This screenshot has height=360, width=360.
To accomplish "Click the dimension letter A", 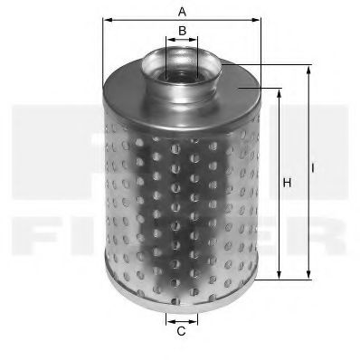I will (x=182, y=12).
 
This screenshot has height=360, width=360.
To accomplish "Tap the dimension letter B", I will (x=182, y=32).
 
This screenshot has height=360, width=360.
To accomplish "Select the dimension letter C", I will (x=181, y=331).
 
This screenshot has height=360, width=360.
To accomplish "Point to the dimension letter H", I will (x=287, y=185).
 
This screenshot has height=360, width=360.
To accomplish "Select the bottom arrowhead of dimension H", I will (x=279, y=277).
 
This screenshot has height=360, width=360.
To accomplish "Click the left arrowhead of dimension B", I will (x=169, y=41).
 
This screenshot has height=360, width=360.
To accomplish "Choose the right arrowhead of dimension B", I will (x=194, y=41).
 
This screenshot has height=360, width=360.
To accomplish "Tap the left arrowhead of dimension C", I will (x=168, y=319).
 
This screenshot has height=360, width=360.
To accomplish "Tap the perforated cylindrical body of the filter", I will (x=181, y=190).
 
